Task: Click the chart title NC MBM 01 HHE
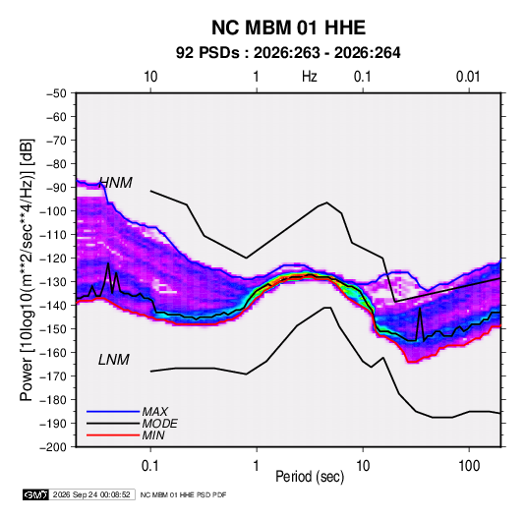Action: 288,28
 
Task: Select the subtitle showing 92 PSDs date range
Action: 288,53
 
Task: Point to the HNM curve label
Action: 116,183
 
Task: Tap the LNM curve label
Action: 114,360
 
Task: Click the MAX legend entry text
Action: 155,411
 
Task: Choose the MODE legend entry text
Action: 159,424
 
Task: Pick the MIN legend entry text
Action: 153,435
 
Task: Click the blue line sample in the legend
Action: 113,411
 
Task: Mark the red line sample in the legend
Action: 113,435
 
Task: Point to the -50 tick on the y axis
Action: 56,93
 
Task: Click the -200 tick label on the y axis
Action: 53,447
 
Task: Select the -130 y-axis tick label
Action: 53,282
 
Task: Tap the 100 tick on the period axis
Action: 469,466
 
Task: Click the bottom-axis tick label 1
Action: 256,466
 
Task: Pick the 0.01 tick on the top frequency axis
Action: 468,77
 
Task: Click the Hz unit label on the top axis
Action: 310,77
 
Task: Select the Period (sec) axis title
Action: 310,477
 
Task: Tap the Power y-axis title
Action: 27,269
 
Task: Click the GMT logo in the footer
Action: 36,494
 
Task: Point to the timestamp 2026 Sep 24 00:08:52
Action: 91,494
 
